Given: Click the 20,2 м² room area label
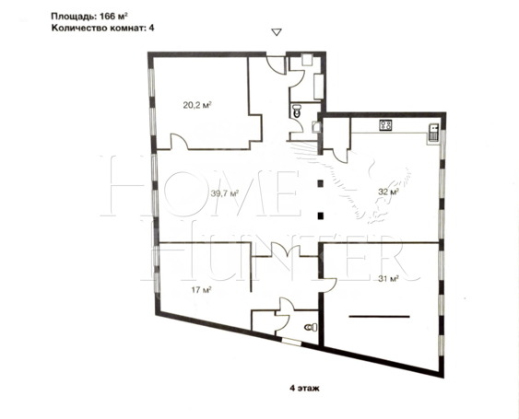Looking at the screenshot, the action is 197,106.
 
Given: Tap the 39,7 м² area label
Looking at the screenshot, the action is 225,193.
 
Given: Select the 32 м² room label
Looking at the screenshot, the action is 388,192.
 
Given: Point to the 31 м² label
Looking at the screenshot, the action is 388,279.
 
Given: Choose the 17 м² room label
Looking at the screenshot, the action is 202,290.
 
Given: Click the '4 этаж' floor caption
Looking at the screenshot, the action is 304,389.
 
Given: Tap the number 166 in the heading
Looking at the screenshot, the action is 107,16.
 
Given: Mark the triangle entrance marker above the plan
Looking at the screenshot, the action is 277,31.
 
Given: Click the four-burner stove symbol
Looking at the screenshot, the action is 385,124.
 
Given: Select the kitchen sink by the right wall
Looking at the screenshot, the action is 434,133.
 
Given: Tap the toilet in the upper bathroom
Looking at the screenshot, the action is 296,111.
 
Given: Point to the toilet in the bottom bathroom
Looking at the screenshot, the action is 312,328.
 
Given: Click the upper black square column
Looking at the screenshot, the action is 320,183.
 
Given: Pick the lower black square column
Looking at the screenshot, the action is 320,216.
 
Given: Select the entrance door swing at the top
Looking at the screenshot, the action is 276,65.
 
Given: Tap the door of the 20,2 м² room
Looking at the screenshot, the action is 179,142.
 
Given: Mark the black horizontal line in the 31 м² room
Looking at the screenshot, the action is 379,317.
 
